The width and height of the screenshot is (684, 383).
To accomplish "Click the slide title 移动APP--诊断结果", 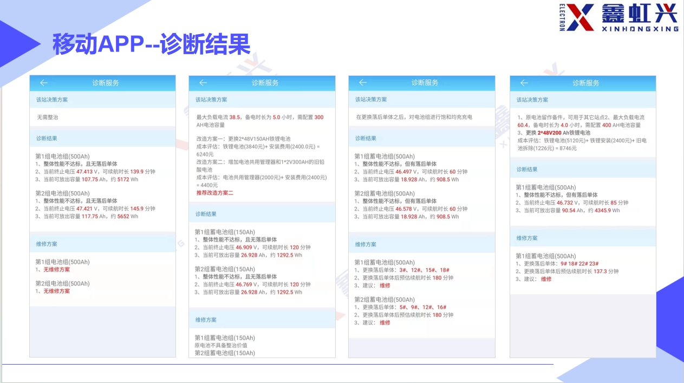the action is pos(152,44).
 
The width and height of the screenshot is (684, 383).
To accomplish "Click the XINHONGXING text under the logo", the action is pos(640,29).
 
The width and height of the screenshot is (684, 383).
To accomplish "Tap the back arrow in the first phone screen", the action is pos(44,83).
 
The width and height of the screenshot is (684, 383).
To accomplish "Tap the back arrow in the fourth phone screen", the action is pos(524,83).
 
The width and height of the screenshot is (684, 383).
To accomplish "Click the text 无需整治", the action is pos(47,117).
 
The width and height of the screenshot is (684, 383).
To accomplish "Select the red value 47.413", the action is pos(84,172).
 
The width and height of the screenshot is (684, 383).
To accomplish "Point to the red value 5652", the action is pos(123,216).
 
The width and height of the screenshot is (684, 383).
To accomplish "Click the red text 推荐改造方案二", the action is pos(214,193).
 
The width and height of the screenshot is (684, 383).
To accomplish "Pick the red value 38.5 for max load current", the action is pos(234,117).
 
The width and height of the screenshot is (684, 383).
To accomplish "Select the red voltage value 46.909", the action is pos(244,248).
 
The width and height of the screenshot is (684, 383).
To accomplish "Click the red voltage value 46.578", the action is pos(403,209).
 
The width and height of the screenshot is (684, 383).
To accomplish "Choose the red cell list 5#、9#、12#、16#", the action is pos(423,307).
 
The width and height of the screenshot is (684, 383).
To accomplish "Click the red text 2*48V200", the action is pos(549,133).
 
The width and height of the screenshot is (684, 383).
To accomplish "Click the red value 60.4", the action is pos(523,125).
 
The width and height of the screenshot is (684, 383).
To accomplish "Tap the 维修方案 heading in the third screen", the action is pos(366,244).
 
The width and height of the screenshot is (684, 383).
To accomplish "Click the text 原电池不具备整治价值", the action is pos(221,346).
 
